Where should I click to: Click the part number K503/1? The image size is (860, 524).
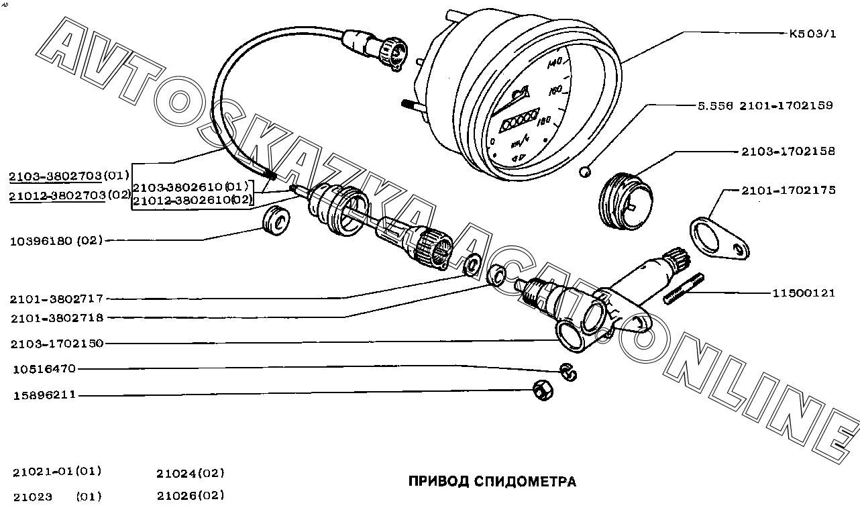point(812,34)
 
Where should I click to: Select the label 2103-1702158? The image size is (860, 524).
point(788,151)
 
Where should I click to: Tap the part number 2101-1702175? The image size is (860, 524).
point(788,191)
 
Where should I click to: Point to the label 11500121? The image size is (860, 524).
point(804,293)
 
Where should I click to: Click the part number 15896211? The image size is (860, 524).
point(44,395)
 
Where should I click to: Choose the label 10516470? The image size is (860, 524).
point(44,369)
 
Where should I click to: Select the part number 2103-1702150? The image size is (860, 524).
point(57,344)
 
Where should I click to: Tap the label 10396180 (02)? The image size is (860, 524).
point(56,241)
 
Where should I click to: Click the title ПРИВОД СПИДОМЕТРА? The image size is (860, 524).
point(492,481)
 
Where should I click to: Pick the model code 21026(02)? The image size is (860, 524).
point(191,496)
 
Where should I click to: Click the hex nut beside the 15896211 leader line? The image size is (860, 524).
point(543,390)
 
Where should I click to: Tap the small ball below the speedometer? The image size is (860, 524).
point(585,172)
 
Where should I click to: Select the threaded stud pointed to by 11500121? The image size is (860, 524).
point(684,289)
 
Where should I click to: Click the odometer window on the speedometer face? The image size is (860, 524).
point(519,119)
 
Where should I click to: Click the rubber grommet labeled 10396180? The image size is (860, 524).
point(276,221)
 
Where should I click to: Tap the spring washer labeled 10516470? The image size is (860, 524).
point(568,372)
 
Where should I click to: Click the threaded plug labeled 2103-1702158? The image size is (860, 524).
point(626,201)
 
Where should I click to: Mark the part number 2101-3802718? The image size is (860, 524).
point(57,318)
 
